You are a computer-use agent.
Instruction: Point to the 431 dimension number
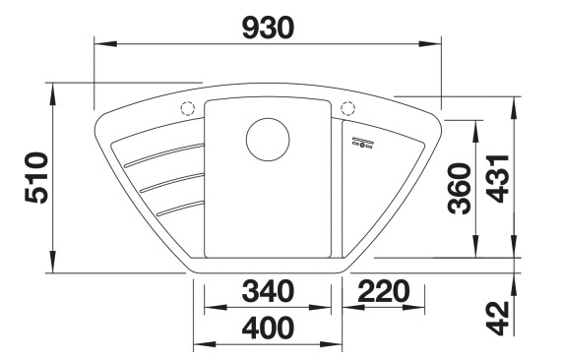click(498, 178)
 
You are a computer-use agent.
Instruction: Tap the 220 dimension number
click(385, 291)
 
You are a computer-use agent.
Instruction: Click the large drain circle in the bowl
click(267, 139)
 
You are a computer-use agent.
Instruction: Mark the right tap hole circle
click(346, 108)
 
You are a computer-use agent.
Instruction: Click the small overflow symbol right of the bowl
click(362, 146)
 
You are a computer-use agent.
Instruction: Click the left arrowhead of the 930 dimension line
click(98, 41)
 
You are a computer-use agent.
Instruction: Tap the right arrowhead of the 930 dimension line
click(436, 41)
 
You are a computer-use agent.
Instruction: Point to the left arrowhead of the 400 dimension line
click(198, 344)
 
